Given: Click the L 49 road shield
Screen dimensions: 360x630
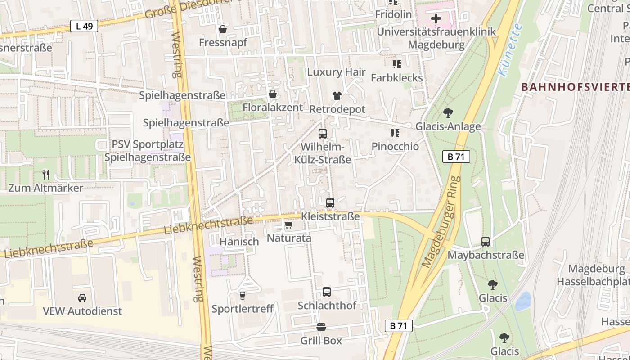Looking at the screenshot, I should pyautogui.click(x=84, y=26).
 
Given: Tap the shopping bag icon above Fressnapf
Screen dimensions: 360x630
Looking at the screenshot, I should pyautogui.click(x=222, y=30).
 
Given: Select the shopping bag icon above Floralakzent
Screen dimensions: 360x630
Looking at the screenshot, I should pyautogui.click(x=272, y=94).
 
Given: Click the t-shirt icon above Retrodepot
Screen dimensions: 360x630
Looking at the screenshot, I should pyautogui.click(x=337, y=95).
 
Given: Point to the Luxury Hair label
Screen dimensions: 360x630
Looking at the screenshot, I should pyautogui.click(x=336, y=72).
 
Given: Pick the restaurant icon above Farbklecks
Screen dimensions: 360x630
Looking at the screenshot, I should pyautogui.click(x=396, y=64).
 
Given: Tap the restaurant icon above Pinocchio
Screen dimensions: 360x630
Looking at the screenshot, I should pyautogui.click(x=395, y=133).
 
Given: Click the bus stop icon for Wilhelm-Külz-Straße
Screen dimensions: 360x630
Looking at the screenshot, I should pyautogui.click(x=323, y=133).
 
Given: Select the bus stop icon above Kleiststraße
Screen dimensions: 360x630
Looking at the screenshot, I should pyautogui.click(x=330, y=203).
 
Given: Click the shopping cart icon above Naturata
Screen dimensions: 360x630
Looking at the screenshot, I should pyautogui.click(x=288, y=225).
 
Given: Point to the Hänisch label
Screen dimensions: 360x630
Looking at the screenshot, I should pyautogui.click(x=239, y=242).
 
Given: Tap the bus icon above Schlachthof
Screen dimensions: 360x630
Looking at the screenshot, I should pyautogui.click(x=327, y=292).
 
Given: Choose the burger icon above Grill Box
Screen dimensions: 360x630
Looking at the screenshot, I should pyautogui.click(x=321, y=327).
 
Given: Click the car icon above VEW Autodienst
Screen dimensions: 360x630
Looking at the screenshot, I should pyautogui.click(x=82, y=297).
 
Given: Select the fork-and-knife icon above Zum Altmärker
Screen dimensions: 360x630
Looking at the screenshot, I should pyautogui.click(x=46, y=175).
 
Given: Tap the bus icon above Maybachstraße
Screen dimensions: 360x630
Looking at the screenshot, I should pyautogui.click(x=486, y=242).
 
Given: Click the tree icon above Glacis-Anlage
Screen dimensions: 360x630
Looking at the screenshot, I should pyautogui.click(x=448, y=113).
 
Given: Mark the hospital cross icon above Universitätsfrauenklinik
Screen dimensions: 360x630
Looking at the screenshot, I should pyautogui.click(x=436, y=19).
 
